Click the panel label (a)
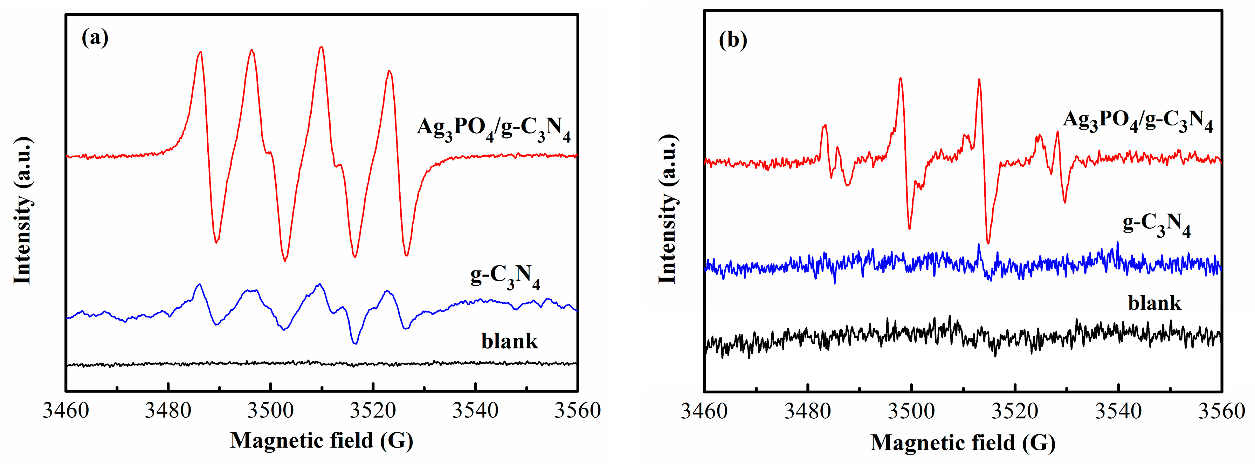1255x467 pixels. pos(95,37)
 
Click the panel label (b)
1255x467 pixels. pos(733,40)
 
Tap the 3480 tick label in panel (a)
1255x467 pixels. pos(167,411)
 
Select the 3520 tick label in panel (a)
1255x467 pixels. pos(373,411)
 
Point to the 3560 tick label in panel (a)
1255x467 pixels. pos(577,411)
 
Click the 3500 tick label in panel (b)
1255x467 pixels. pos(911,412)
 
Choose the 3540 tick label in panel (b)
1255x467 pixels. pos(1118,412)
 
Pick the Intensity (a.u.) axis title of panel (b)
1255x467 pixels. pos(668,210)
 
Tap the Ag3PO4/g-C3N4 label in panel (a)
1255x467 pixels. pos(493,128)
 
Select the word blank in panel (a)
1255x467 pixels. pos(510,341)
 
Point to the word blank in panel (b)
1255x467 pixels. pos(1154,303)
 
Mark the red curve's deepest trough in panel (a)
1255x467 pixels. pos(285,260)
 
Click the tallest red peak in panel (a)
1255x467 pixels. pos(321,47)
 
